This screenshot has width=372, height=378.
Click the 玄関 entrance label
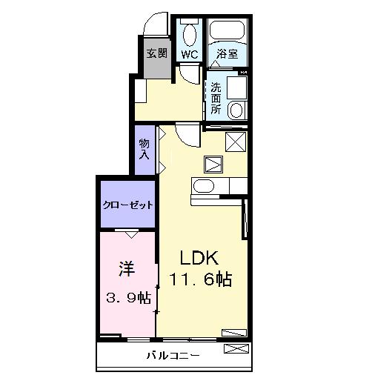click(157, 53)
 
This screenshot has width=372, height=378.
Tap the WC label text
click(190, 55)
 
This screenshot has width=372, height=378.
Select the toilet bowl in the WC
click(190, 34)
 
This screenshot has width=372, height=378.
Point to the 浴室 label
click(227, 54)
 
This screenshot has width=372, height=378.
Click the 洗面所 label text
click(216, 99)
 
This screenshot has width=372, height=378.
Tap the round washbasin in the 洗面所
click(236, 110)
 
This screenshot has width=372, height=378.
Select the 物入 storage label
click(145, 149)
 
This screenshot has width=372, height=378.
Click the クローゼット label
click(128, 205)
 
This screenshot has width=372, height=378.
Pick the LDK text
click(199, 258)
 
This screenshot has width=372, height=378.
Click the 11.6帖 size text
click(201, 279)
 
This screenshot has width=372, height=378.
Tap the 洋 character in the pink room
click(127, 268)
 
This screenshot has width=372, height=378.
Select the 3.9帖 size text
click(128, 297)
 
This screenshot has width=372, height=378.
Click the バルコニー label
click(173, 356)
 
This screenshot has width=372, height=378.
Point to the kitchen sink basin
click(204, 186)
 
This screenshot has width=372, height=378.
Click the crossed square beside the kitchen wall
click(236, 142)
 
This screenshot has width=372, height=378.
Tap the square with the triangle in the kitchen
click(213, 165)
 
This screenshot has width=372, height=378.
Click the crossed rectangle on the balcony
click(236, 348)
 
